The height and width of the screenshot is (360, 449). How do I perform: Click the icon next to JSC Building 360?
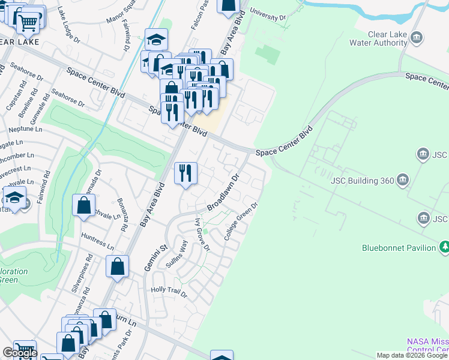pos(403,179)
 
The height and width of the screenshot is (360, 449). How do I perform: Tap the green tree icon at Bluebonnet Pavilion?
pos(444,247)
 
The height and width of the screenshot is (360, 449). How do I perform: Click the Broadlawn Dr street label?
pos(223,192)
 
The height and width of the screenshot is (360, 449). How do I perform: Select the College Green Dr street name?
pos(241,221)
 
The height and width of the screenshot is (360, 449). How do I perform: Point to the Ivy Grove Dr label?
pos(202,234)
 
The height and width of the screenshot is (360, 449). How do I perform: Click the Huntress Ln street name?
pos(97,241)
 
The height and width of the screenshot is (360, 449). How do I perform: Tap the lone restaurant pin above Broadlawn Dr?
pos(185,173)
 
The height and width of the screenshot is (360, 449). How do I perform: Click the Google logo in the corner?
pos(20,353)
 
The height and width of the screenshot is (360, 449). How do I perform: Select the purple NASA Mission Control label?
pos(427,346)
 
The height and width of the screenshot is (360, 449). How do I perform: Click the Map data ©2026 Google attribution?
pos(412,355)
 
